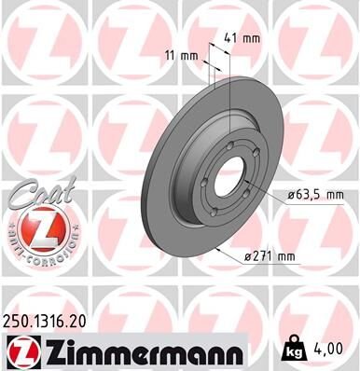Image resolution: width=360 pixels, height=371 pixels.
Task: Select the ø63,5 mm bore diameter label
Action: point(308,195)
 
